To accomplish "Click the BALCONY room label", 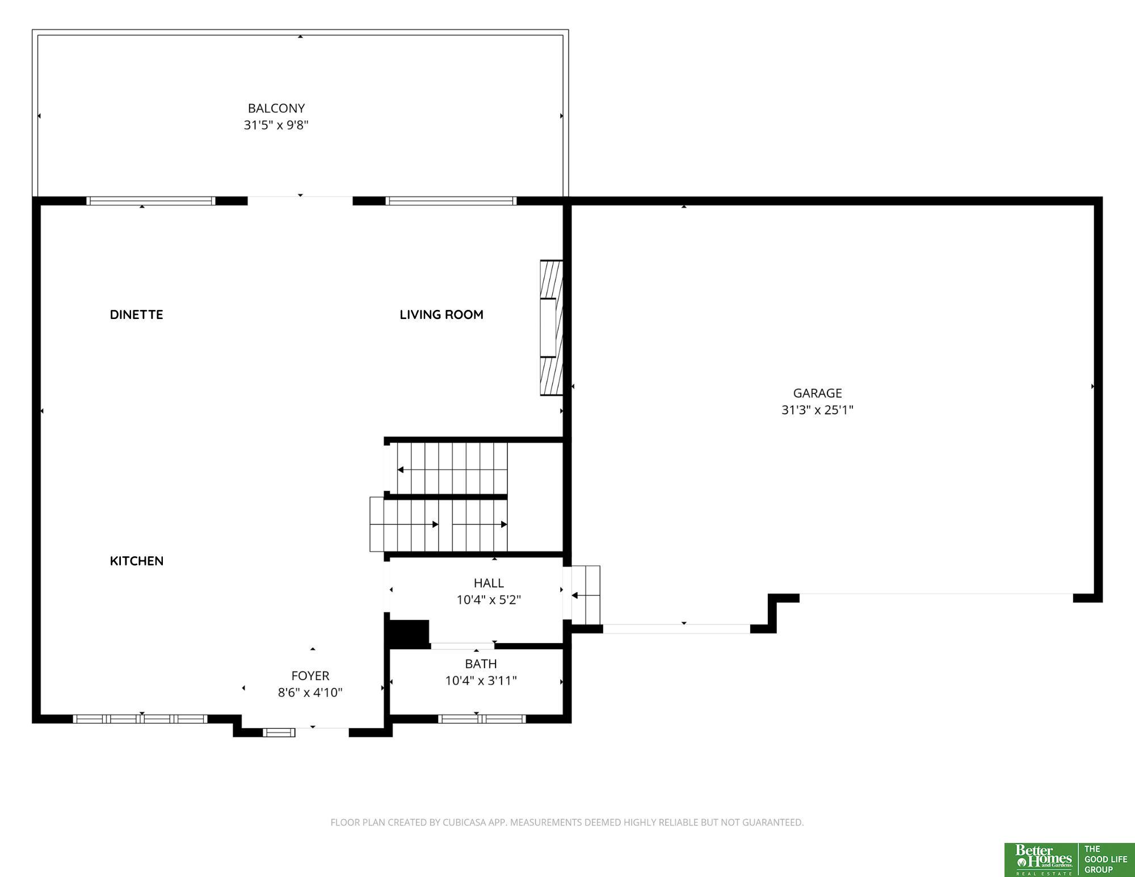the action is (276, 108).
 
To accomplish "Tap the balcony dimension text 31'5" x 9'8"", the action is (276, 125).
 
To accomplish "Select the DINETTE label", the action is (136, 314).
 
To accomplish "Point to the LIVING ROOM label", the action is (442, 314).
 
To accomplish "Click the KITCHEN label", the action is (137, 561).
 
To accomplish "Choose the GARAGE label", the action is (817, 393).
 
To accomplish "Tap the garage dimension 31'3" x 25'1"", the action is (817, 410).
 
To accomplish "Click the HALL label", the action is (489, 583).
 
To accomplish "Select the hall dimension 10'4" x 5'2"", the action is (489, 600).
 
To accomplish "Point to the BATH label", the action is (481, 664).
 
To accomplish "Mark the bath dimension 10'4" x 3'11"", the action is (481, 681).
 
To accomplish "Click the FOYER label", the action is (310, 675).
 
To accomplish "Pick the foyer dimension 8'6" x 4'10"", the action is (310, 693).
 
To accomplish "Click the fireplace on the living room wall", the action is (551, 328).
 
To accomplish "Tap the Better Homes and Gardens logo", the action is (1041, 860).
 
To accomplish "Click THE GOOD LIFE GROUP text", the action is (1105, 859).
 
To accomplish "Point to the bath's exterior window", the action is (482, 719).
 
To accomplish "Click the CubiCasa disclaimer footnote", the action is (567, 822).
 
